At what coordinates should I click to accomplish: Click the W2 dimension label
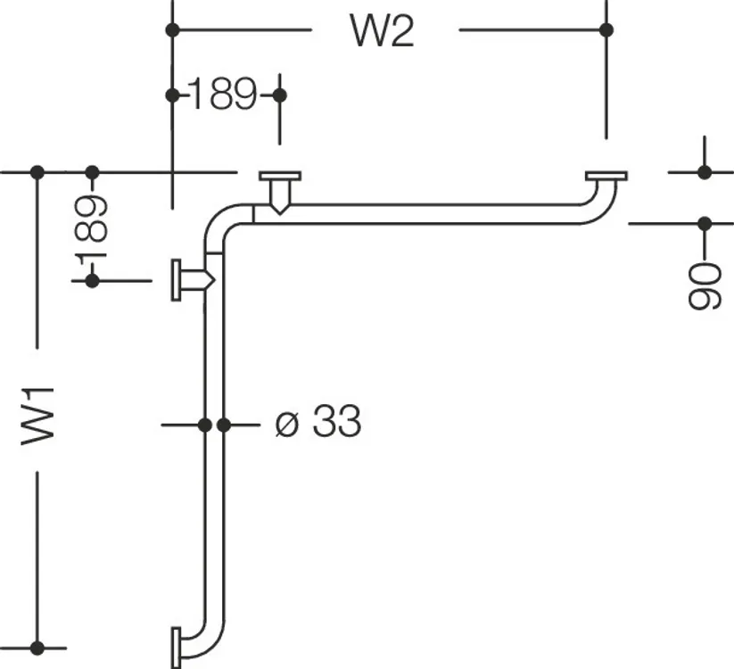[x=382, y=31]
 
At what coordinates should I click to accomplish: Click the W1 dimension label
[x=38, y=417]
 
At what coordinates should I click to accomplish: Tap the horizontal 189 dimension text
[x=224, y=95]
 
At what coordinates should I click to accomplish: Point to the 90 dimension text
[x=705, y=286]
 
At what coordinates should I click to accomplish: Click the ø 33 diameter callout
[x=318, y=421]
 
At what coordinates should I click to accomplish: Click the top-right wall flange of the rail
[x=606, y=176]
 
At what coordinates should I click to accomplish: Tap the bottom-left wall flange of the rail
[x=176, y=648]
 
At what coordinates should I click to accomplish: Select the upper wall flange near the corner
[x=280, y=177]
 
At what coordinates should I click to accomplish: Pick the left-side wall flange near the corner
[x=176, y=279]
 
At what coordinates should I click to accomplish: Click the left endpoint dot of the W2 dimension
[x=173, y=30]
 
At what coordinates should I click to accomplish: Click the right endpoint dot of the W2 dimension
[x=606, y=30]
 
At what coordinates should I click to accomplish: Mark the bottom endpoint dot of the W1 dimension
[x=37, y=648]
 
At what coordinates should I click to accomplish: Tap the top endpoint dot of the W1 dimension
[x=37, y=172]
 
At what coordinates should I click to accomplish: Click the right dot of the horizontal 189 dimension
[x=279, y=95]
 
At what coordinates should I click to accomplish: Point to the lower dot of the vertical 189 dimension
[x=92, y=281]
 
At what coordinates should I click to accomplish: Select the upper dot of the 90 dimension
[x=705, y=172]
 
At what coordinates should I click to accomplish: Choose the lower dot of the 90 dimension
[x=705, y=224]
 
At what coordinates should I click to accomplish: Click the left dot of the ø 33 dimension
[x=204, y=425]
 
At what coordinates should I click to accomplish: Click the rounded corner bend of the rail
[x=219, y=219]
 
